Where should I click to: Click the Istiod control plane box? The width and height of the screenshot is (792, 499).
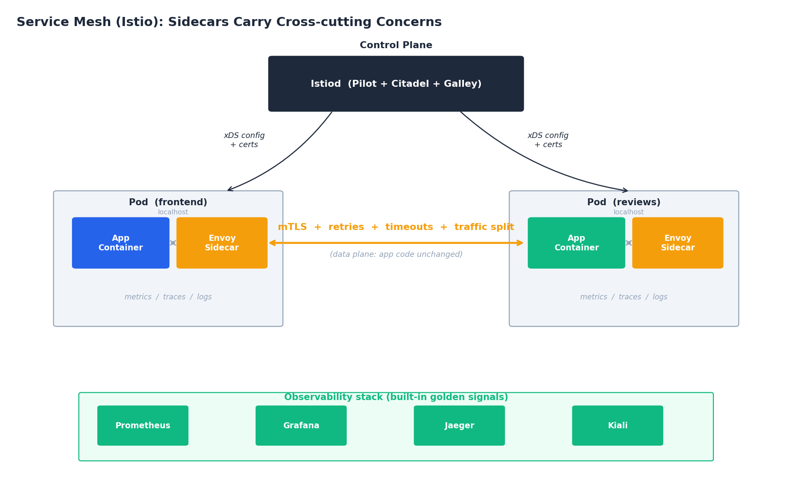[x=396, y=84]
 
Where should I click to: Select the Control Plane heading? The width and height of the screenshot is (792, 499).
[x=396, y=46]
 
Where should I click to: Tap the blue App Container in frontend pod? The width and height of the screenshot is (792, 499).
[x=121, y=243]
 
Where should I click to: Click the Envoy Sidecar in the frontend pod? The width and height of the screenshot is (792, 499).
[x=222, y=243]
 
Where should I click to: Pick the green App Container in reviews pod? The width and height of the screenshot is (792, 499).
[x=576, y=243]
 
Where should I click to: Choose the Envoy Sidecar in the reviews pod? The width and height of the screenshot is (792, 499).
[x=677, y=243]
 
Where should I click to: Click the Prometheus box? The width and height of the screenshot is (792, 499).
[x=143, y=426]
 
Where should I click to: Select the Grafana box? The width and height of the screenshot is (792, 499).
[x=301, y=426]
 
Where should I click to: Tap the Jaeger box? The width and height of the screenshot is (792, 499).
[x=459, y=426]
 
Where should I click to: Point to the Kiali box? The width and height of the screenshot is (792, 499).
[x=617, y=426]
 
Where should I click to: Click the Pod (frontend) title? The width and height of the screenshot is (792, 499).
[x=168, y=203]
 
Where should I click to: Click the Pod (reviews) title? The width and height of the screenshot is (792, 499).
[x=624, y=203]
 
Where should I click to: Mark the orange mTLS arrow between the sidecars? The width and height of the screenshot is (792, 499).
[x=396, y=243]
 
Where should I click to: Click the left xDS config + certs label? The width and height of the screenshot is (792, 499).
[x=244, y=140]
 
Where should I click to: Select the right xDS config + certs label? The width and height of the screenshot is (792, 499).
[x=548, y=140]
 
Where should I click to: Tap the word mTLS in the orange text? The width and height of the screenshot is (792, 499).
[x=292, y=227]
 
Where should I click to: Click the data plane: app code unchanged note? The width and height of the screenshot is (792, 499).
[x=396, y=255]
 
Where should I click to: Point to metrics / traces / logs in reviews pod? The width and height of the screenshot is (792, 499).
[x=624, y=297]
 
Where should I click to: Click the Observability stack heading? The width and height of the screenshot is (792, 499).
[x=396, y=397]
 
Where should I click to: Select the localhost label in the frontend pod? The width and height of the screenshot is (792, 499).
[x=173, y=213]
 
